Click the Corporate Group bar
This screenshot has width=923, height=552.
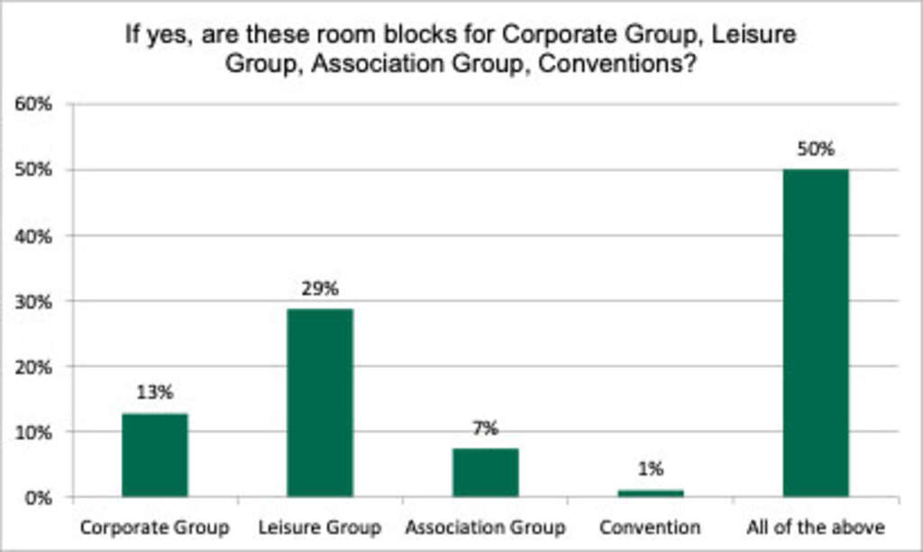[155, 455]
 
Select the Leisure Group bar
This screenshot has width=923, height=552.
[320, 403]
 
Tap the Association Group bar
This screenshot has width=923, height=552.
[485, 472]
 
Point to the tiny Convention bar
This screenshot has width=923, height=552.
[650, 493]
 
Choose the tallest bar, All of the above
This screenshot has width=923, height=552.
[815, 333]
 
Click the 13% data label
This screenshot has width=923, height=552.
[155, 393]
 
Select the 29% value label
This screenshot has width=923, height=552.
[320, 288]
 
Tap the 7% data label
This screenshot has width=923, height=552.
[485, 428]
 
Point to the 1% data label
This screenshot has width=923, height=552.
[650, 468]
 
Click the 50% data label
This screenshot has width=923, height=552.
[815, 149]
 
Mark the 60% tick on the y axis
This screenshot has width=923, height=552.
[34, 104]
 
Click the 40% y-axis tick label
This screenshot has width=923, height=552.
[34, 235]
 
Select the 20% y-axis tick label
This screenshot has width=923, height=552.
[34, 366]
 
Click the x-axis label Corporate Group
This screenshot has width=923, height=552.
[154, 526]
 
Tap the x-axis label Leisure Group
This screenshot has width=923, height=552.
[320, 526]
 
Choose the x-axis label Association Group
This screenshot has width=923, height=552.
[485, 526]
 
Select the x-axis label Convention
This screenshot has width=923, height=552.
[650, 526]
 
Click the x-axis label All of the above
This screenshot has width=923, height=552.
[815, 526]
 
